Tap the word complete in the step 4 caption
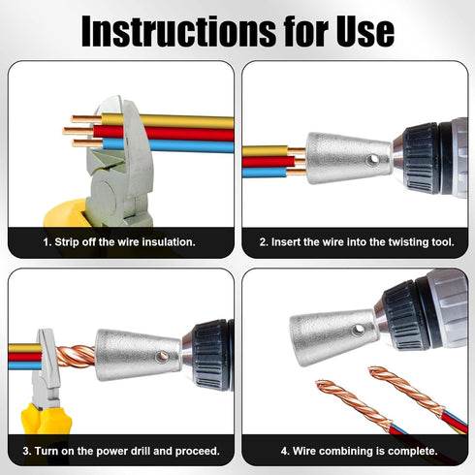tap(408, 451)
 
